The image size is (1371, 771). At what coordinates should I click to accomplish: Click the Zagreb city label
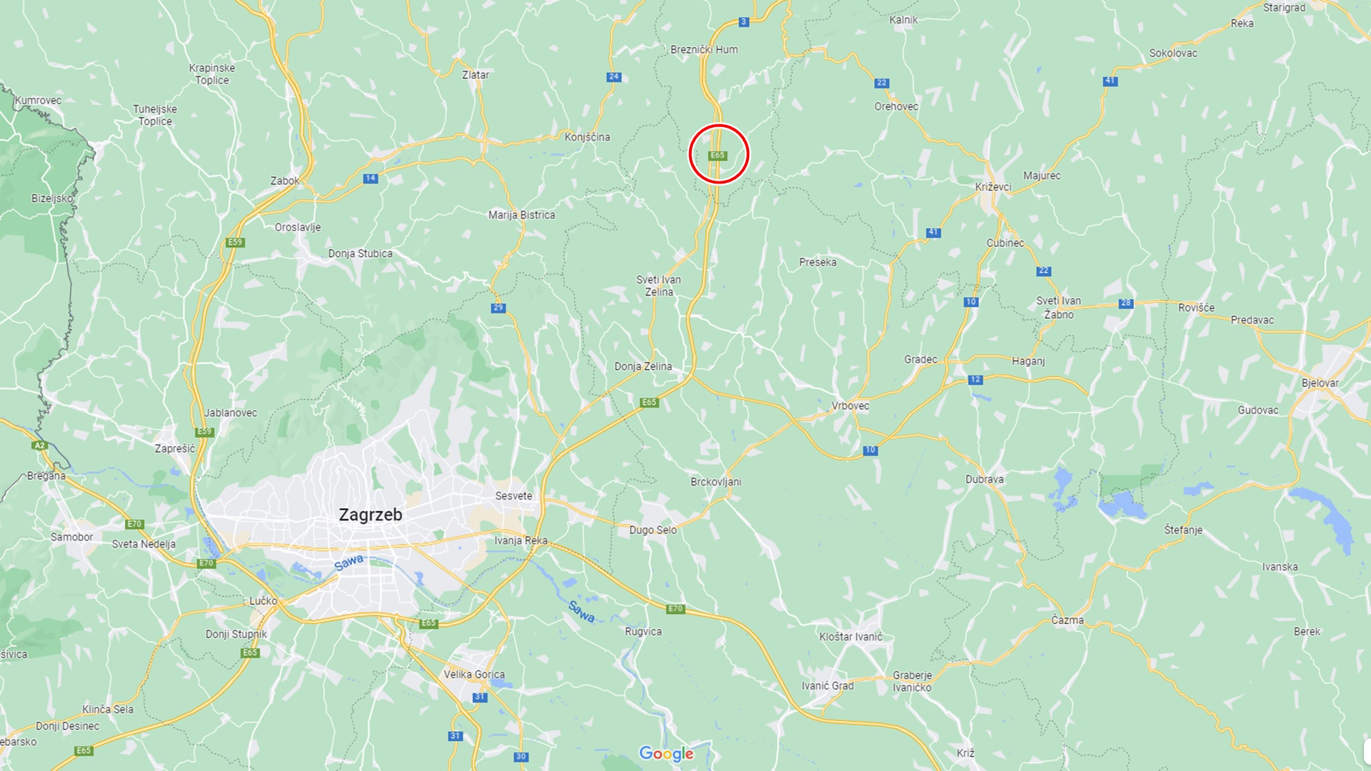(x=370, y=515)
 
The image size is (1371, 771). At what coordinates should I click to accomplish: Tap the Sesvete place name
(x=513, y=496)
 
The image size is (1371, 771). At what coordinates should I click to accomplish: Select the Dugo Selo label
(x=653, y=530)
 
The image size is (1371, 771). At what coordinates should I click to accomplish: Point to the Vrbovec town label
(x=850, y=406)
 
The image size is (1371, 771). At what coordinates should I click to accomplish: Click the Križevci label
(x=993, y=187)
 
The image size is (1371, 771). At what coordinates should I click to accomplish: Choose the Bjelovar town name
(x=1320, y=383)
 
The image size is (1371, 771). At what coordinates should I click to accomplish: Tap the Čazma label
(x=1067, y=620)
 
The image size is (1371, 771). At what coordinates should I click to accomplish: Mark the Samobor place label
(x=71, y=537)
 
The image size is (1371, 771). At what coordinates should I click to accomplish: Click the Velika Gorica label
(x=473, y=675)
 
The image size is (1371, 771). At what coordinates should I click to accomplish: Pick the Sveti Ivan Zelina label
(x=658, y=286)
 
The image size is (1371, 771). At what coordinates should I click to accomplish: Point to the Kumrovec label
(x=38, y=101)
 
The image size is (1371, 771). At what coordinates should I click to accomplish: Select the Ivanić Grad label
(x=827, y=686)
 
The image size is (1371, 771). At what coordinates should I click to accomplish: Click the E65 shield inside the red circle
(x=718, y=156)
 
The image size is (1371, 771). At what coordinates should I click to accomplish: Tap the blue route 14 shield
(x=370, y=178)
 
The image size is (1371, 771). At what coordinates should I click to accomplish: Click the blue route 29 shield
(x=498, y=308)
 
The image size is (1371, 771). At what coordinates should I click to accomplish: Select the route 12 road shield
(x=975, y=380)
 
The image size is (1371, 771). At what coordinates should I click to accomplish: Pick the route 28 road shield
(x=1125, y=303)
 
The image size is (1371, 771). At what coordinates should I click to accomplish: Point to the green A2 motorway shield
(x=39, y=445)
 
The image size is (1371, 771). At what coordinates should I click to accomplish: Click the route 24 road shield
(x=613, y=77)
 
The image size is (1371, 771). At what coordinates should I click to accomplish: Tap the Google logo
(x=666, y=754)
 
